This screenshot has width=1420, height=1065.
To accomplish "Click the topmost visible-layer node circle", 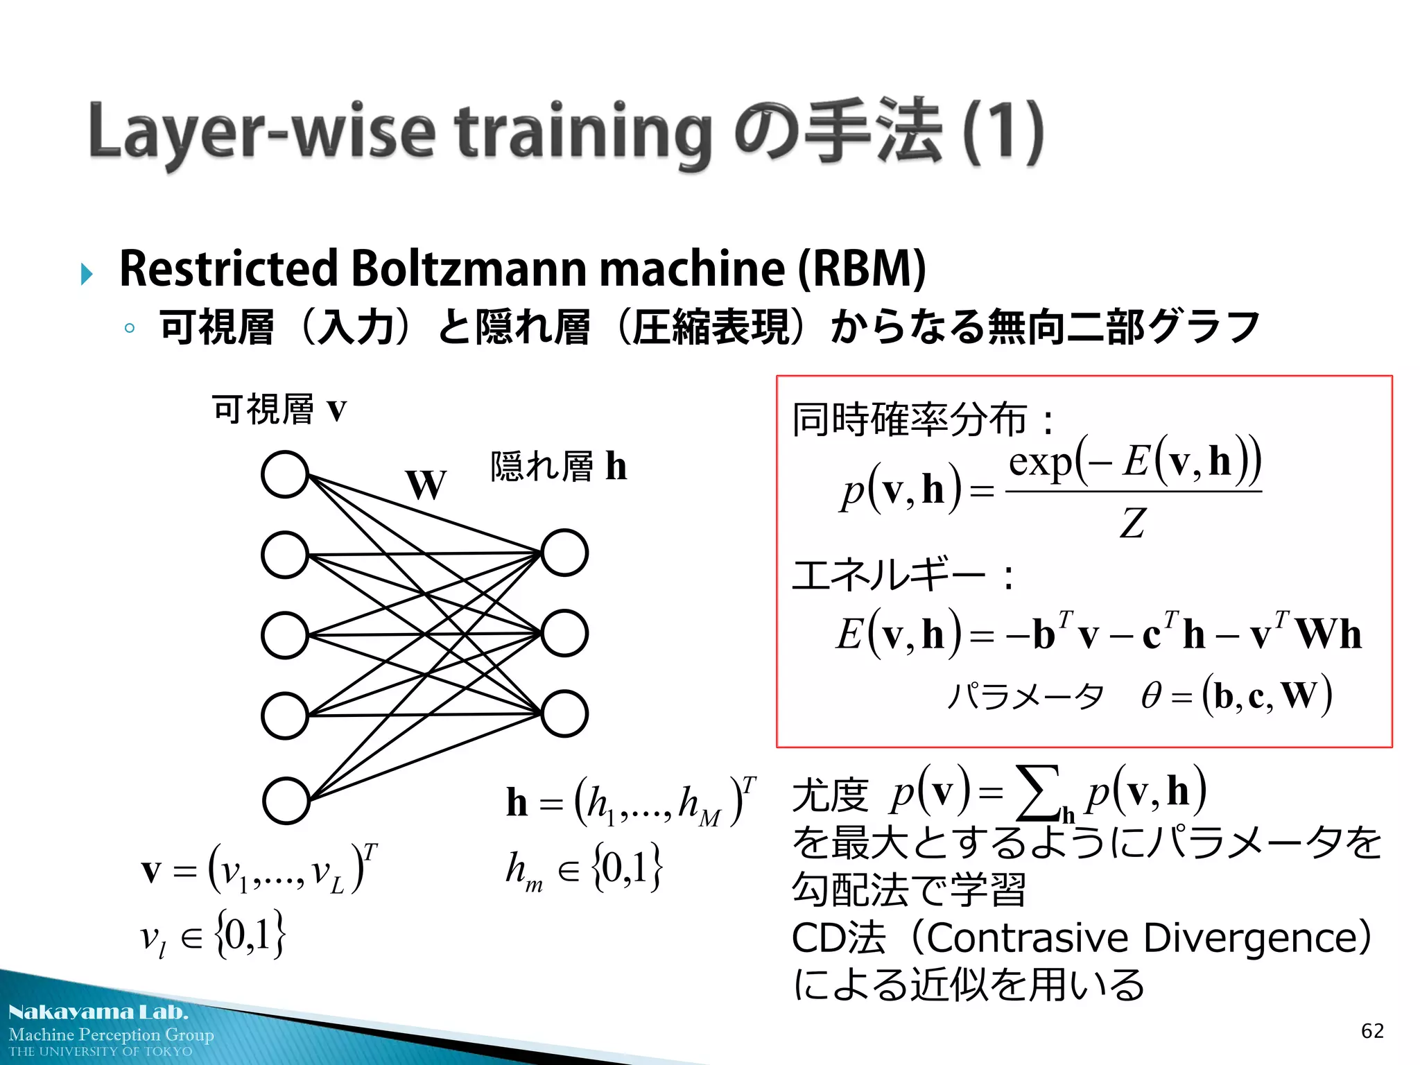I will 285,474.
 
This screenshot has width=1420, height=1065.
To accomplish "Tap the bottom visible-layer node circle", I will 286,800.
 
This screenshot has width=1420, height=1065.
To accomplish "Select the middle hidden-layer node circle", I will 564,633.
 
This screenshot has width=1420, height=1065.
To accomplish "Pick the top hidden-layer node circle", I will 564,553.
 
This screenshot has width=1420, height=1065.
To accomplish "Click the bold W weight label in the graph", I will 426,484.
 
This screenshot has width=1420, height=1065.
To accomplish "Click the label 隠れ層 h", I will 558,466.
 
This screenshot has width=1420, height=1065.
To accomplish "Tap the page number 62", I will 1372,1031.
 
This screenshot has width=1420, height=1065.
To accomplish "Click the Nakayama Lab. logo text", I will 98,1012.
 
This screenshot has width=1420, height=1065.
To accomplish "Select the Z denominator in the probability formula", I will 1132,523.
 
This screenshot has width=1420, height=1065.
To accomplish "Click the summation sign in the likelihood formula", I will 1037,793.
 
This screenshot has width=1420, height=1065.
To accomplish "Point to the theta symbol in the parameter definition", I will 1151,695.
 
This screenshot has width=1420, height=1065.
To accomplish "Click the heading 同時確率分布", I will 909,419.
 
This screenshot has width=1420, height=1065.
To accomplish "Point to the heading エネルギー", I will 888,575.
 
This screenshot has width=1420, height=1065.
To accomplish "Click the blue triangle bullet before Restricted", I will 87,273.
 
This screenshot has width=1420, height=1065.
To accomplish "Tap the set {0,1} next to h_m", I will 627,867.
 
